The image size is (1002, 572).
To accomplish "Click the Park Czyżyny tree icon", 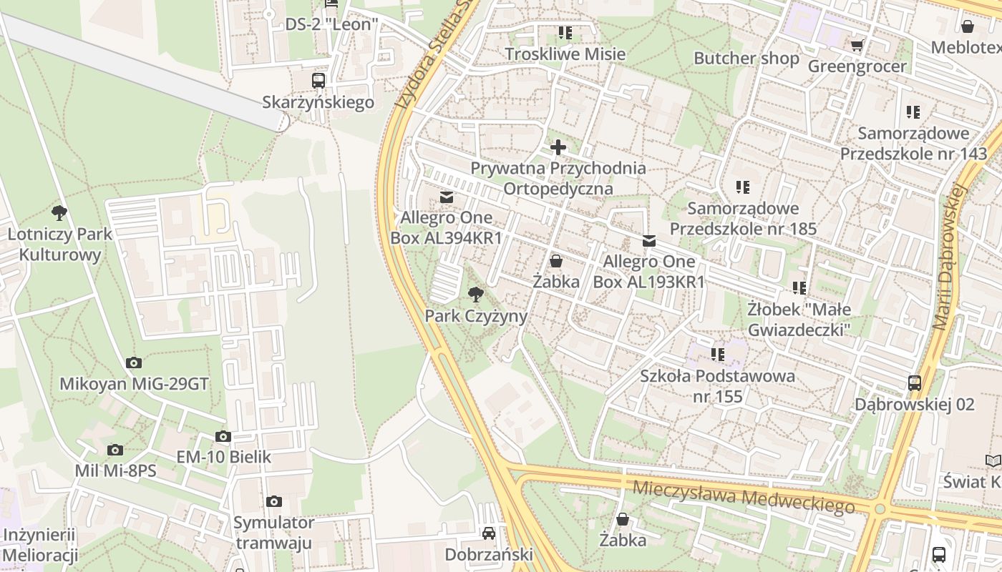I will [475, 293].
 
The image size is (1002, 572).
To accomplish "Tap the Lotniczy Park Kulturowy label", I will [60, 245].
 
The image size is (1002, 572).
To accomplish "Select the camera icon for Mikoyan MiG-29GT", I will [134, 363].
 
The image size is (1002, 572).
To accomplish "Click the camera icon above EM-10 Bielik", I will [223, 436].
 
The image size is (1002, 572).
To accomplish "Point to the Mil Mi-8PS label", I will [115, 471].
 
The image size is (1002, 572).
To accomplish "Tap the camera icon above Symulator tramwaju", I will [274, 502].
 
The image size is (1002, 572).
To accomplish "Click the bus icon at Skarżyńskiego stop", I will [318, 81].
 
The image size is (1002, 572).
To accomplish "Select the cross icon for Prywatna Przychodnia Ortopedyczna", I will [558, 148].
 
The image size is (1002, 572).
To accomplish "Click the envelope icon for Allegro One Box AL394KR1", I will [447, 197].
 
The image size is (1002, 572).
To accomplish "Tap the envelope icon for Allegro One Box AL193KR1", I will [649, 241].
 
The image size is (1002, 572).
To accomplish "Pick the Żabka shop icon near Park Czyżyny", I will [556, 262].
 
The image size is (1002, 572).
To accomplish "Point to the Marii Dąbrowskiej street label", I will [951, 257].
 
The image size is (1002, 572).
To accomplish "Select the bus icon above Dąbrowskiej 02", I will [915, 383].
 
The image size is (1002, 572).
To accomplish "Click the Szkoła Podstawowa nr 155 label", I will [717, 386].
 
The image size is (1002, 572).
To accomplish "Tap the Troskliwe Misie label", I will [565, 54].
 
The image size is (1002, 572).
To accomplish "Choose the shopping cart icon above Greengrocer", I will [857, 46].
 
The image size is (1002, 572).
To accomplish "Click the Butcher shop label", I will [746, 59].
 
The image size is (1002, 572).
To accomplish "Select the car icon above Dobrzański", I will [489, 533].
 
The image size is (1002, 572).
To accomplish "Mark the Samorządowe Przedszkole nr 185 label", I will [742, 219].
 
